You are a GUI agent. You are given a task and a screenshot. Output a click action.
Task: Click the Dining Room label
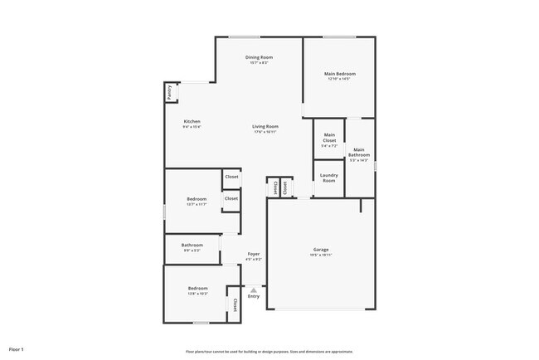click(x=259, y=57)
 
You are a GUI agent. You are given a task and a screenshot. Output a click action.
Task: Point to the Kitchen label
click(x=192, y=121)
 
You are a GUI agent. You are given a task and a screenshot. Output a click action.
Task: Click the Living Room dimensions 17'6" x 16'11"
click(x=265, y=131)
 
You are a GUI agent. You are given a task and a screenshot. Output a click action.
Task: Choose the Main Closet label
click(x=329, y=138)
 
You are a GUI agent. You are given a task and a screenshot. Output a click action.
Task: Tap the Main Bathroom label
click(x=359, y=152)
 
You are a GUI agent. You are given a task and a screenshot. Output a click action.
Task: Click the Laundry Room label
click(x=329, y=178)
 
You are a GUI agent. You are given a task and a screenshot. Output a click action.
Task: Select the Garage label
click(x=321, y=249)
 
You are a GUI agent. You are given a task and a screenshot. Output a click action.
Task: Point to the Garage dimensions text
click(x=321, y=255)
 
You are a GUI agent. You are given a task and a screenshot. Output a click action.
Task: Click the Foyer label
click(x=254, y=254)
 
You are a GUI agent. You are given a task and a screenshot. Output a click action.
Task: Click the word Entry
click(x=254, y=296)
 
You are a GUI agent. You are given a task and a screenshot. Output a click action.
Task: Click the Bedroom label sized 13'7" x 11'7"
click(x=197, y=199)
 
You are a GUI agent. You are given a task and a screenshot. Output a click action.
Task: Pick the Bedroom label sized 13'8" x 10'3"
click(x=197, y=288)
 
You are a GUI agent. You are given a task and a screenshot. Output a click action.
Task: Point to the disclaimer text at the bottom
click(x=269, y=352)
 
